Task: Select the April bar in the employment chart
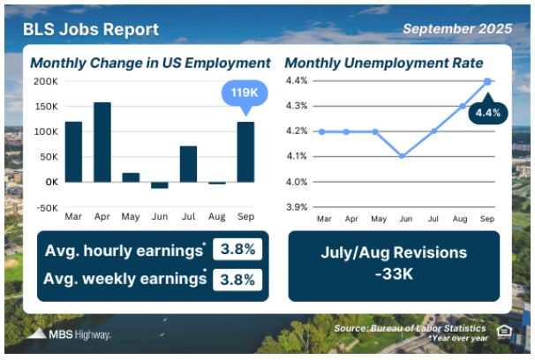102,142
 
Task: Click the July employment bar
188,164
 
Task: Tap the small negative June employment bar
160,185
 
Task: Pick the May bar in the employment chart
131,177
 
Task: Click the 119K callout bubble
245,93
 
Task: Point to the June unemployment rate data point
403,156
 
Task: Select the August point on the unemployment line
463,106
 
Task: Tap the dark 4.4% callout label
488,113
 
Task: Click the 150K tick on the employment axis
47,107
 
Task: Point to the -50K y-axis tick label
48,207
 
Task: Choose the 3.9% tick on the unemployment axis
297,207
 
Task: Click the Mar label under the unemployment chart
324,219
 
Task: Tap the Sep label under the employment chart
245,216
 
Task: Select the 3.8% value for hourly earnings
237,249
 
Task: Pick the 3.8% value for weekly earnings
237,280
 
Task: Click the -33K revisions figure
394,274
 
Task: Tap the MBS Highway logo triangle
37,334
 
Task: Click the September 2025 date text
457,28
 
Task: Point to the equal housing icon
504,332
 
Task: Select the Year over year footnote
458,338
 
